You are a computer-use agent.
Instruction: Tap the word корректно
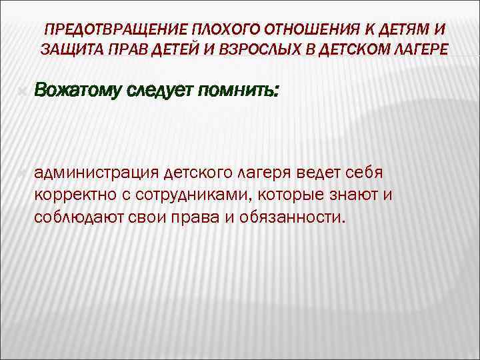71,196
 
